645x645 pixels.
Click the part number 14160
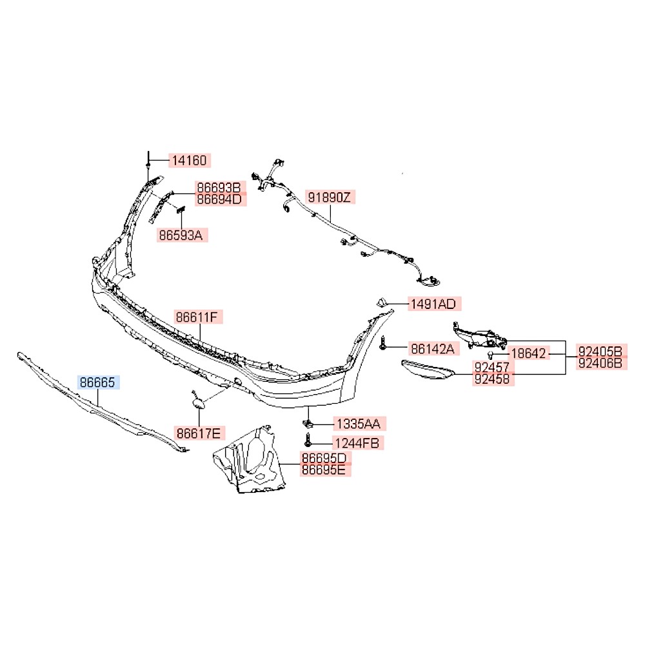pyautogui.click(x=189, y=161)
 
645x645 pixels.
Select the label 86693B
pyautogui.click(x=219, y=188)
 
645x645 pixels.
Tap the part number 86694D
pyautogui.click(x=219, y=199)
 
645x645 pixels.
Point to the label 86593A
pyautogui.click(x=181, y=235)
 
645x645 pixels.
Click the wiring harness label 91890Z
pyautogui.click(x=330, y=197)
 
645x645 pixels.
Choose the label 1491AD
pyautogui.click(x=433, y=304)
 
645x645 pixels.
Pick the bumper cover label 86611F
pyautogui.click(x=197, y=317)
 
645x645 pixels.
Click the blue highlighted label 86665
pyautogui.click(x=97, y=382)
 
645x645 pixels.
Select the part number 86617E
pyautogui.click(x=199, y=433)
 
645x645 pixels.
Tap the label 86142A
pyautogui.click(x=433, y=349)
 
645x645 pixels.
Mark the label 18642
pyautogui.click(x=529, y=353)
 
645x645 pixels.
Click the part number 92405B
pyautogui.click(x=600, y=352)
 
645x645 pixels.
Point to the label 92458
pyautogui.click(x=492, y=379)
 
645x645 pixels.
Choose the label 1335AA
pyautogui.click(x=359, y=424)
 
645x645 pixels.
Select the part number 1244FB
pyautogui.click(x=357, y=443)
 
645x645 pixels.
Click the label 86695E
pyautogui.click(x=324, y=470)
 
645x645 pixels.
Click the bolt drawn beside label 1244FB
pyautogui.click(x=308, y=440)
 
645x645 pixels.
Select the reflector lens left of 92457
pyautogui.click(x=428, y=370)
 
